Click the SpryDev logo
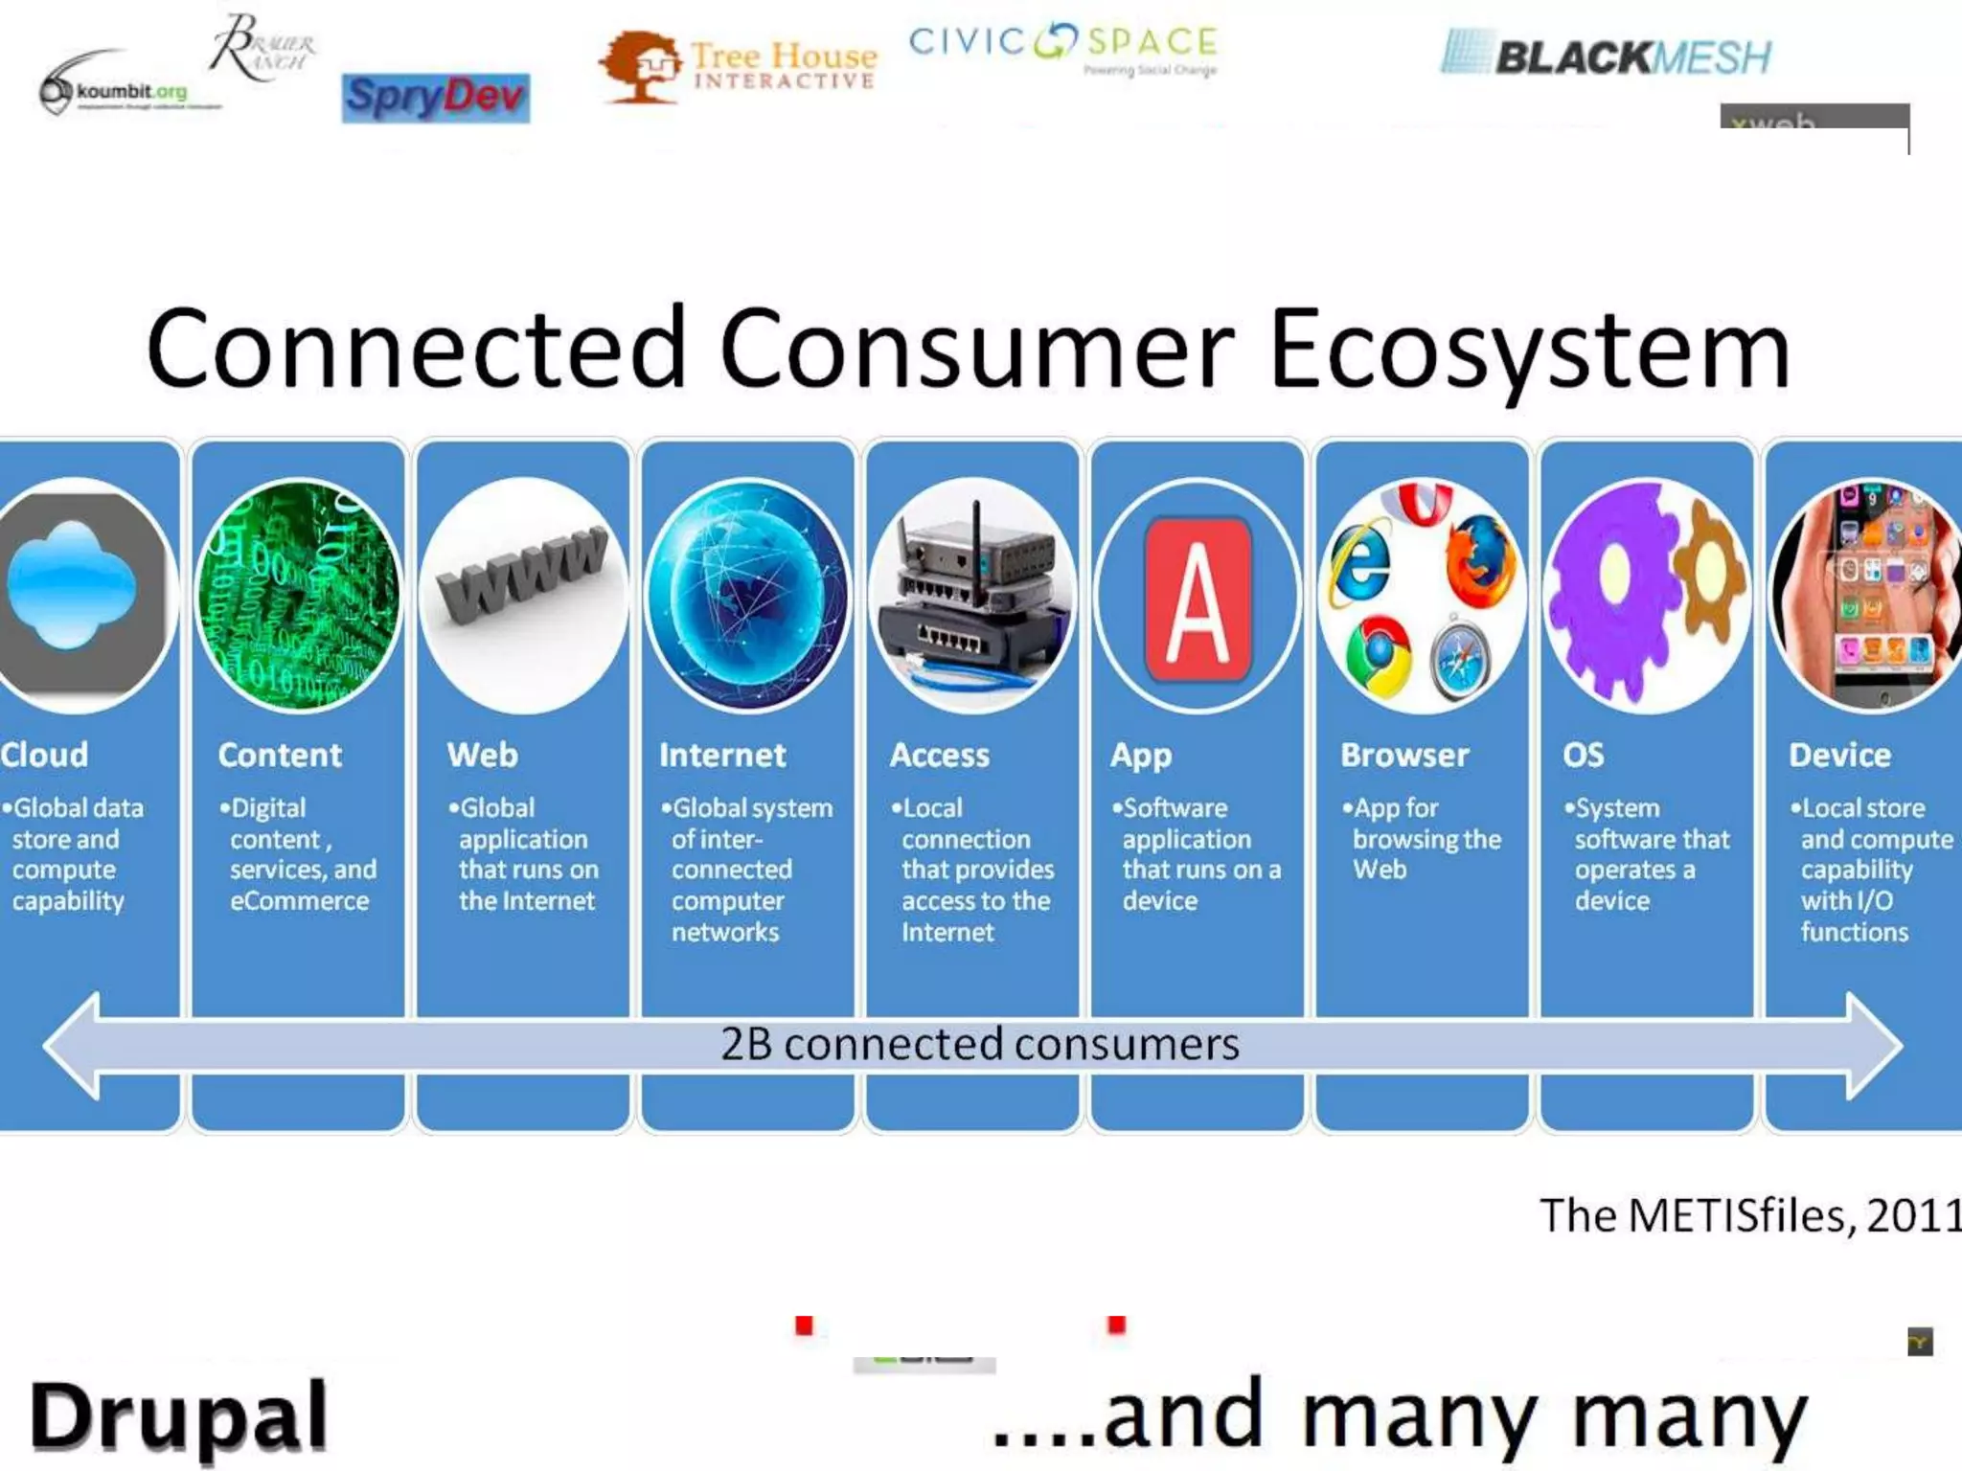tap(435, 98)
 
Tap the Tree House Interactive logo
tap(738, 65)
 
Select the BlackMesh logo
tap(1607, 56)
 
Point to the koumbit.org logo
tap(115, 91)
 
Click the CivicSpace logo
tap(1062, 46)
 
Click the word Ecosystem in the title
tap(1529, 349)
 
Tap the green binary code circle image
tap(298, 596)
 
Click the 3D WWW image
tap(523, 575)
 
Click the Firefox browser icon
tap(1480, 558)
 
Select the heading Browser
tap(1404, 755)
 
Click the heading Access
tap(939, 755)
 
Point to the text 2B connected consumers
tap(979, 1044)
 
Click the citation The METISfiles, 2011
tap(1749, 1215)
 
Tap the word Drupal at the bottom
tap(179, 1415)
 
